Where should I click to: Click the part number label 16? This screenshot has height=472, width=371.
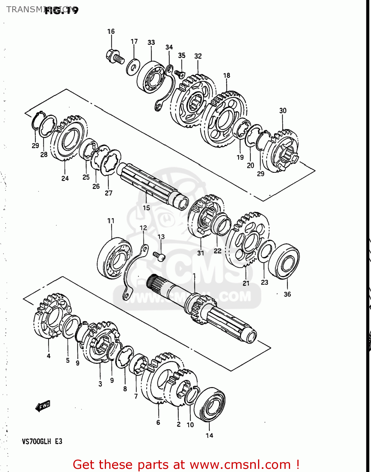click(x=111, y=31)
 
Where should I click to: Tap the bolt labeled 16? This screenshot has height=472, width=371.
click(x=115, y=57)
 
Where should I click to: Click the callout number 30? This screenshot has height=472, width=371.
click(x=283, y=111)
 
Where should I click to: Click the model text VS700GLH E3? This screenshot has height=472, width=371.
click(x=42, y=441)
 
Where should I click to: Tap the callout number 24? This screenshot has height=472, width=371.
click(x=65, y=178)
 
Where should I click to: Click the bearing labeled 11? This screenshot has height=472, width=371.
click(x=113, y=258)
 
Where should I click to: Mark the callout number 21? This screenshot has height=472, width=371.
click(x=246, y=283)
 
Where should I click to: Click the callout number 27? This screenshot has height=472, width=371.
click(x=108, y=193)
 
